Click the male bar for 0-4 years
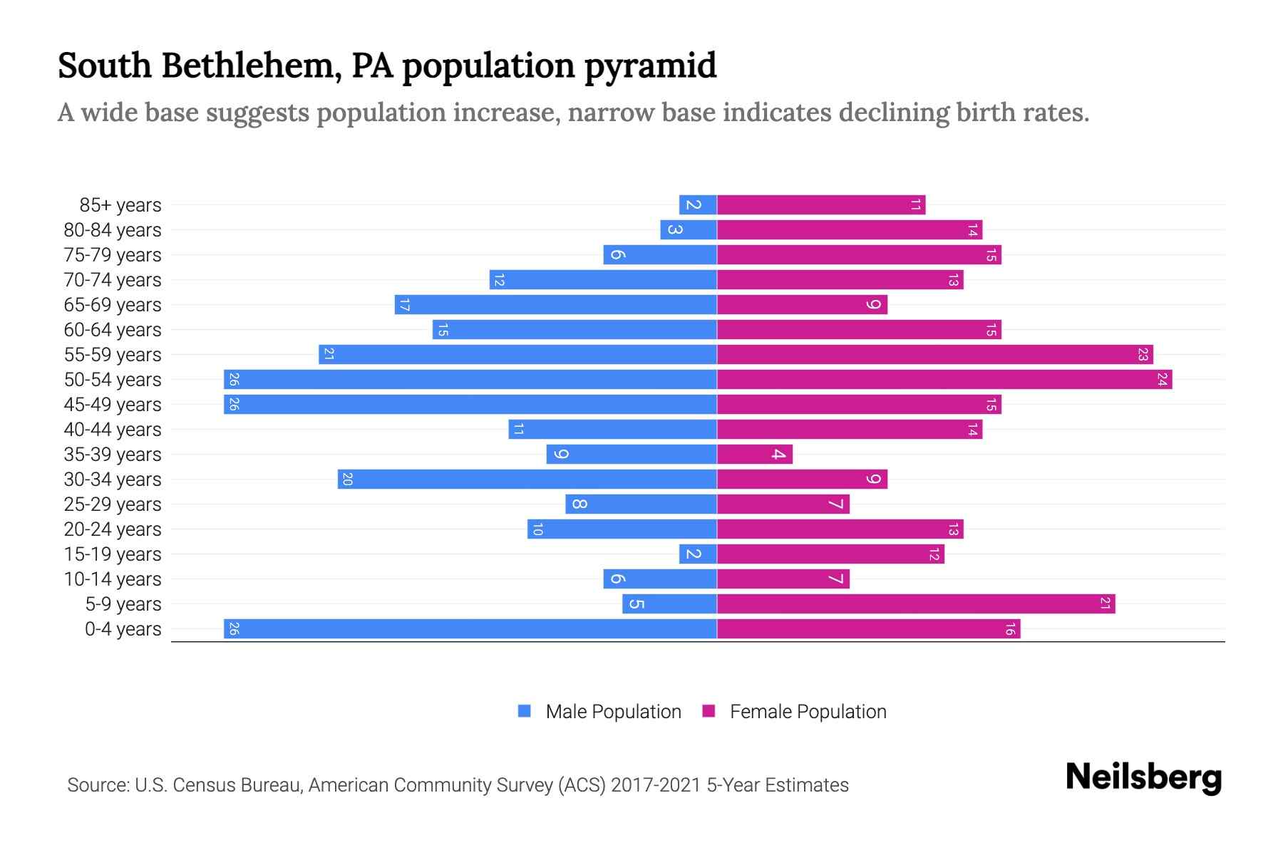[470, 628]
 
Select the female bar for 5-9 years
[916, 603]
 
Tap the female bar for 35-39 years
[754, 454]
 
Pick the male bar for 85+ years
[698, 204]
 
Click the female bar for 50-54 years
[944, 379]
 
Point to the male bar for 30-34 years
[527, 479]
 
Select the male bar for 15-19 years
[698, 554]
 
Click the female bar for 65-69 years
[802, 304]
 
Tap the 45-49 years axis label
[113, 405]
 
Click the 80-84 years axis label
[113, 230]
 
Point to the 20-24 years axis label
[113, 529]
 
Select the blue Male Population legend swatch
[525, 711]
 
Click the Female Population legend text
[808, 711]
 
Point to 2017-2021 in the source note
[655, 785]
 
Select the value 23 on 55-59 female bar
[1143, 354]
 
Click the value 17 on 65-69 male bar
[404, 305]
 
